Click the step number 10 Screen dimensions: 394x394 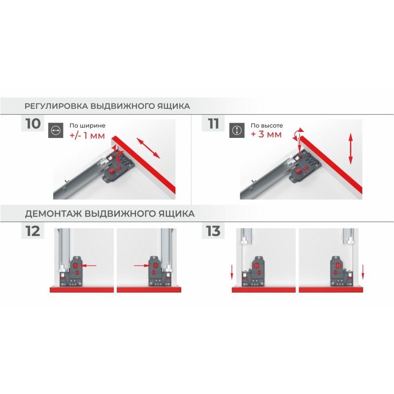[33, 124]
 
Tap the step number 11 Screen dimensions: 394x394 [213, 124]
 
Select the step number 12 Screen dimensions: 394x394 [33, 231]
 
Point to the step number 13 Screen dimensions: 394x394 [213, 231]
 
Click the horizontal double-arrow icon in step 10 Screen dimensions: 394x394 [56, 131]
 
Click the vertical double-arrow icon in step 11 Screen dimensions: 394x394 [237, 131]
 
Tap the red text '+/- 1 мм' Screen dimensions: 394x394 [87, 136]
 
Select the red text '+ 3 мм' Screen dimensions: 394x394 [266, 134]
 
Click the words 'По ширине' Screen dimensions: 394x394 [88, 126]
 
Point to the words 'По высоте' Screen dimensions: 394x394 [267, 126]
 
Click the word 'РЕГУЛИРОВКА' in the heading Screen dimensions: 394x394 [56, 106]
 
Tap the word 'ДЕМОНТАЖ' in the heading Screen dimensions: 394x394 [53, 214]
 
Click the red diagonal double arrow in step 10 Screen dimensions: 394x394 [148, 148]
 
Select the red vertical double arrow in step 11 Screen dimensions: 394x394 [351, 149]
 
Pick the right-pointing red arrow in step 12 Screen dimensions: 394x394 [142, 265]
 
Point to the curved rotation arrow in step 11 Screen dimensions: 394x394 [297, 132]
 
